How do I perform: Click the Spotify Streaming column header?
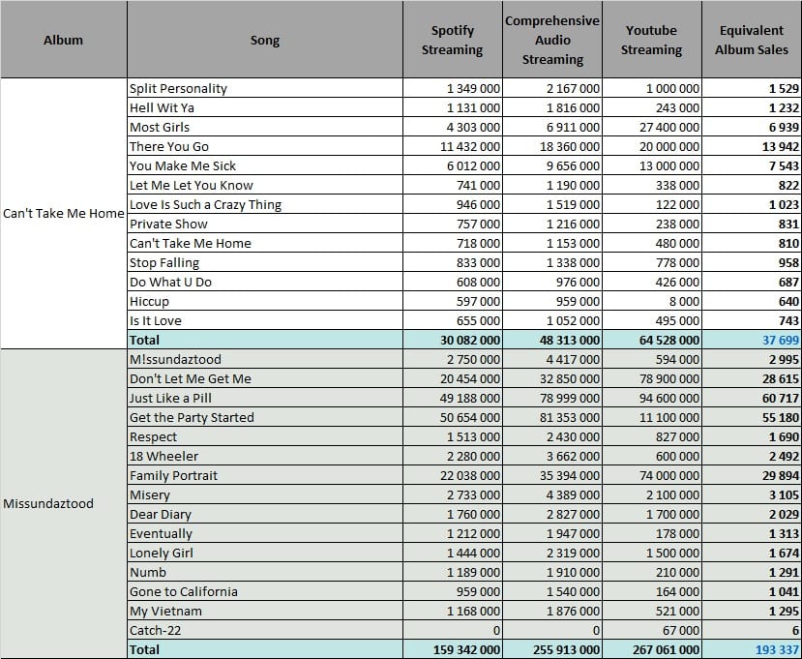click(x=452, y=40)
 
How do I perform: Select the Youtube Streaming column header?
click(x=651, y=40)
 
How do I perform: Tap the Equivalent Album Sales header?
click(x=752, y=40)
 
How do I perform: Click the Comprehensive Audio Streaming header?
click(x=552, y=40)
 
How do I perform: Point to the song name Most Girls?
click(x=160, y=127)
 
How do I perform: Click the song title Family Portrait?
click(x=173, y=475)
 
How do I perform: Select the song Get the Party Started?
click(x=192, y=417)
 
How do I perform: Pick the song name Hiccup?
click(x=149, y=301)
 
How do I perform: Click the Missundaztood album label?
click(x=48, y=503)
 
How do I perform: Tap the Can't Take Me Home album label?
click(x=64, y=213)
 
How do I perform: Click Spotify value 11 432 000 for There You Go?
click(x=470, y=146)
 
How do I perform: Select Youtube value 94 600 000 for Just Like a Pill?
click(x=669, y=398)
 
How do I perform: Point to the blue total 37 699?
click(x=781, y=340)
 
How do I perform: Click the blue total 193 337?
click(x=777, y=649)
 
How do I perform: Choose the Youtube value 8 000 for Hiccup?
click(x=684, y=301)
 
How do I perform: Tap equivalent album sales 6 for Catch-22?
click(x=796, y=630)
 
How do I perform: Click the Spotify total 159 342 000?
click(x=466, y=649)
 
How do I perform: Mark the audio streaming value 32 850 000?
click(x=570, y=378)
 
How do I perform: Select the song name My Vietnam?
click(x=165, y=611)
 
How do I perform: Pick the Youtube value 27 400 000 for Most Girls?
click(x=669, y=127)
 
